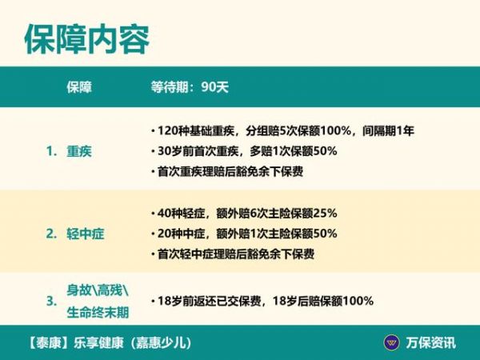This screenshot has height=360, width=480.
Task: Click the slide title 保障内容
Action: click(x=87, y=39)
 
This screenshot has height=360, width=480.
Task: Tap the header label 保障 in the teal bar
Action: click(x=79, y=87)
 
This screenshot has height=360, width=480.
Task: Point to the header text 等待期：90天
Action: click(x=190, y=87)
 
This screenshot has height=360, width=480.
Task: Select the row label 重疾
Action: click(x=79, y=151)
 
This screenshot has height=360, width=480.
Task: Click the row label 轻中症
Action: click(x=86, y=234)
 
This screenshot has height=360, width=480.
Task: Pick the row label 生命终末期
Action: click(x=98, y=313)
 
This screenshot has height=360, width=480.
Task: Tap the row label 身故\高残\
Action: click(x=98, y=290)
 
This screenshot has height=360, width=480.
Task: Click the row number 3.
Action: click(x=52, y=302)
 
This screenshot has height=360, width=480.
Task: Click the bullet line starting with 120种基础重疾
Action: click(x=282, y=130)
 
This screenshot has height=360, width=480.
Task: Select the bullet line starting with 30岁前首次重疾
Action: click(x=244, y=151)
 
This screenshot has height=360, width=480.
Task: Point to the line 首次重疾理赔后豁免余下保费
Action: click(x=227, y=171)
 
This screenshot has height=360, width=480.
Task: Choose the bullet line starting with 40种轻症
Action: click(x=244, y=213)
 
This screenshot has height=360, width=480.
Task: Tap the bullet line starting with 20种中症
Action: click(x=244, y=234)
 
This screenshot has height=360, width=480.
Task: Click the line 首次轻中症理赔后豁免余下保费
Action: click(x=233, y=254)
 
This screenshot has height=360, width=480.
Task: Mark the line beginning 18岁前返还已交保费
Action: click(x=262, y=301)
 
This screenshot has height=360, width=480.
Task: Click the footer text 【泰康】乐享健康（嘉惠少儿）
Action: click(x=110, y=343)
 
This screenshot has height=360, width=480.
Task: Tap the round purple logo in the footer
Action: click(x=391, y=342)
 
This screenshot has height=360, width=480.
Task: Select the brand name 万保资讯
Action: click(x=431, y=343)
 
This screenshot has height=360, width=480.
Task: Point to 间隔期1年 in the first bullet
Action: click(x=388, y=130)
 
